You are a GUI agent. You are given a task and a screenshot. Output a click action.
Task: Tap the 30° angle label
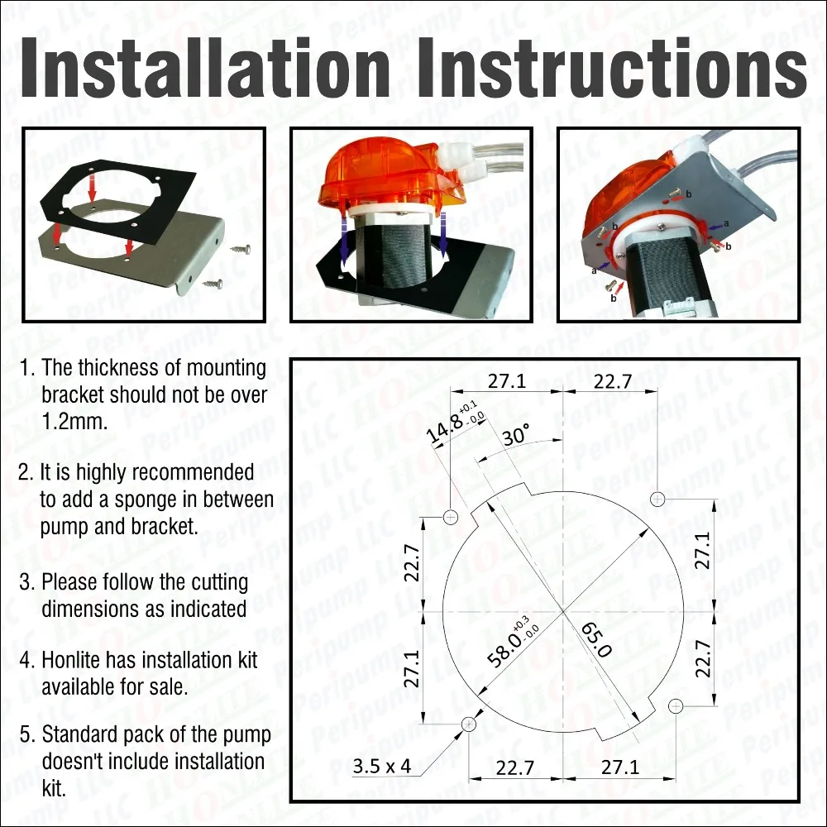coord(514,436)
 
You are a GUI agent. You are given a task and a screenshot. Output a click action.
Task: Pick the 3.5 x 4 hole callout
coord(381,767)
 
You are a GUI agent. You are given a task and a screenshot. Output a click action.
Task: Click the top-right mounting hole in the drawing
coord(657,499)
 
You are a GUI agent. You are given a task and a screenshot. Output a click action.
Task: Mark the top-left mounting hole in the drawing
coord(451,518)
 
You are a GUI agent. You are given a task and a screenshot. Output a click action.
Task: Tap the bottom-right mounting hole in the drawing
coord(676,705)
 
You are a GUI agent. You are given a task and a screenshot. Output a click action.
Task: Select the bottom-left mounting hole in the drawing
coord(469,724)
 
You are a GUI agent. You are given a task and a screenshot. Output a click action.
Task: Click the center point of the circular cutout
coord(563,611)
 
